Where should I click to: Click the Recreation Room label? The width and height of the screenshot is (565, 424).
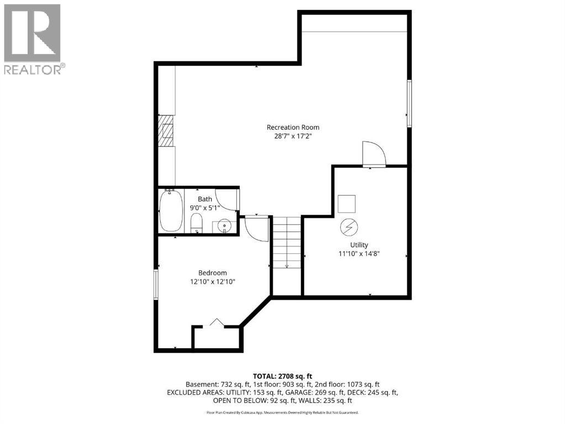click(x=293, y=127)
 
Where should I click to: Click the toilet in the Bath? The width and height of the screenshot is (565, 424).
click(x=196, y=224)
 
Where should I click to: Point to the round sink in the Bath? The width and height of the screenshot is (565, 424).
click(x=224, y=226)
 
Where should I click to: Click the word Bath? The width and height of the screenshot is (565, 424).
click(x=205, y=199)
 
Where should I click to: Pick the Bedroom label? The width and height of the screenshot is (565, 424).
click(x=213, y=273)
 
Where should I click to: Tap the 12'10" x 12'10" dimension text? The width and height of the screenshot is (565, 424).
click(x=213, y=282)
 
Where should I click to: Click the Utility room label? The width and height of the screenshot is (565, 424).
click(x=358, y=245)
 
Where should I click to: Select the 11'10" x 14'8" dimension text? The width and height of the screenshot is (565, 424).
click(x=358, y=253)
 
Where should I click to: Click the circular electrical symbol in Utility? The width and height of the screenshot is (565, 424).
click(x=348, y=226)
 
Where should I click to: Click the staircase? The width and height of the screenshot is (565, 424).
click(x=287, y=243)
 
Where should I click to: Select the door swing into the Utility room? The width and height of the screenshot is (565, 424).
click(x=373, y=153)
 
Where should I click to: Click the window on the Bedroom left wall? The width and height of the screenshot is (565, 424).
click(x=156, y=284)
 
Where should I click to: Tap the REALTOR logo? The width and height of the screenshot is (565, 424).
click(x=33, y=39)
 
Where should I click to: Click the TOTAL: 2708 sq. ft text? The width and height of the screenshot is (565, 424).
click(x=282, y=377)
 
